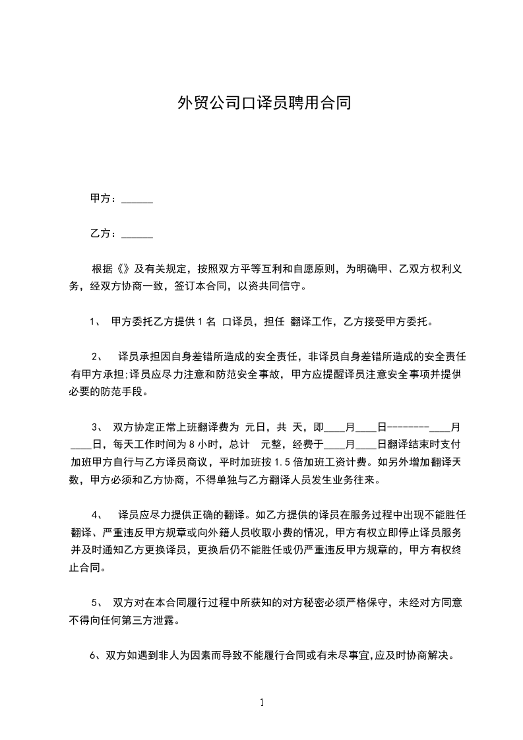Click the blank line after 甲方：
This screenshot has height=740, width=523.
(x=138, y=199)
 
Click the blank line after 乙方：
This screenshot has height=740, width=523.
(x=138, y=234)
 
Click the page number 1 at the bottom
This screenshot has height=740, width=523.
(x=262, y=703)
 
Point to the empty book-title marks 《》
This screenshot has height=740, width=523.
(x=124, y=269)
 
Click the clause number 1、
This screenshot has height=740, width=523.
(x=94, y=323)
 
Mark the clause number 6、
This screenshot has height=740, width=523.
(x=94, y=656)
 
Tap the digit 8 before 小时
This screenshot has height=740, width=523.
(x=191, y=445)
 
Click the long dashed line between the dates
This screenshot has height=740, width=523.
(x=408, y=427)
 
